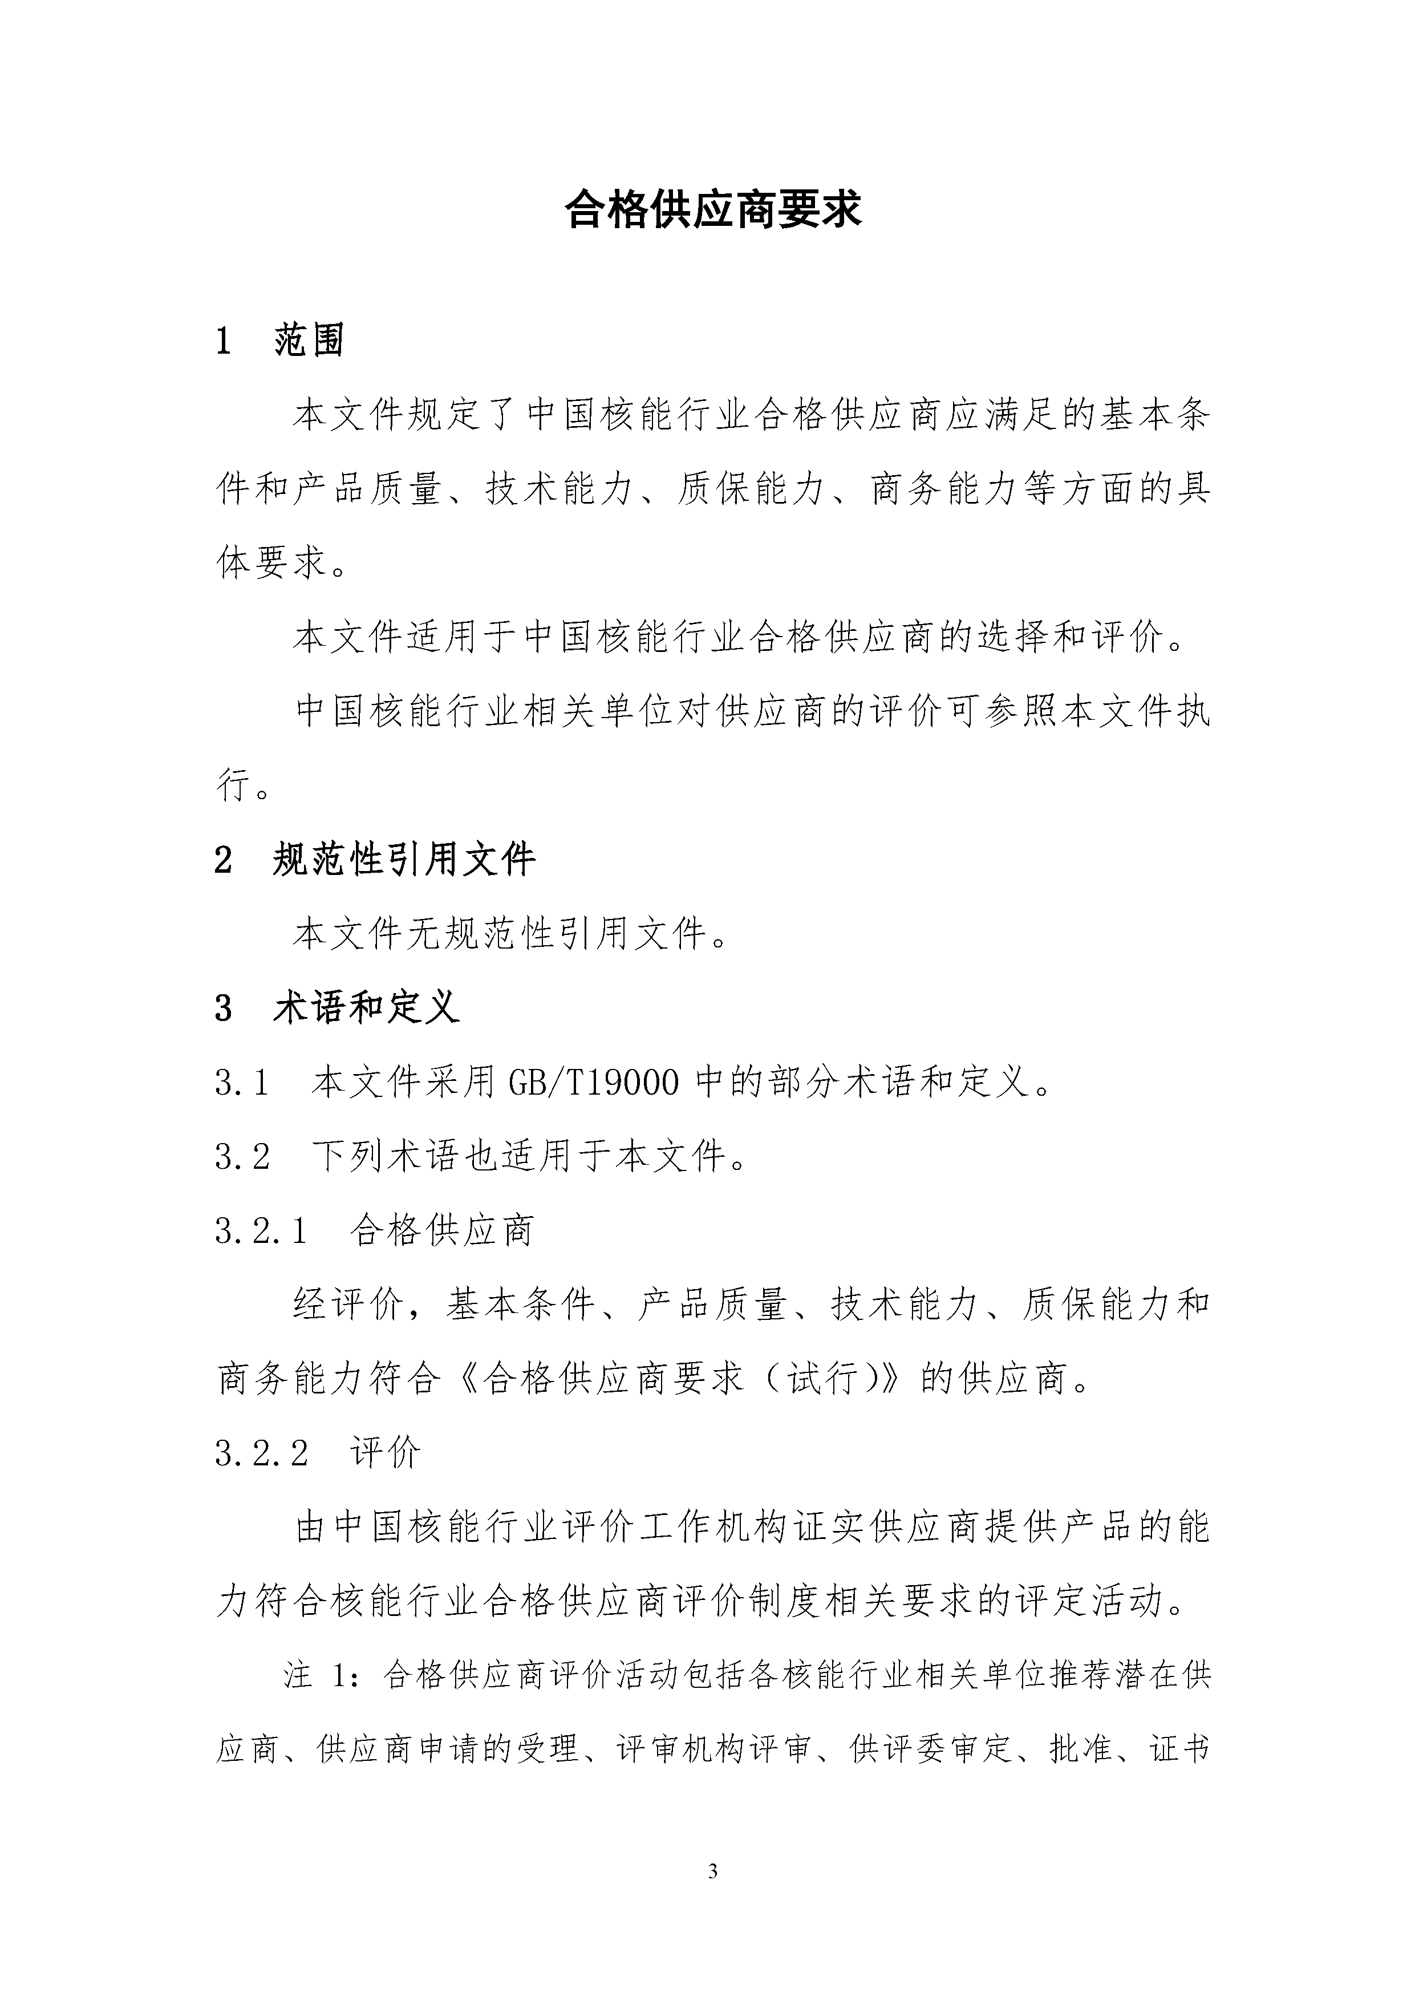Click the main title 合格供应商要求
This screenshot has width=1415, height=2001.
(713, 210)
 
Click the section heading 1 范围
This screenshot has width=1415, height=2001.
(281, 340)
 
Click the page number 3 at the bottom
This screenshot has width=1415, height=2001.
(713, 1871)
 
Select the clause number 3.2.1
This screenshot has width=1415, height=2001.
(261, 1230)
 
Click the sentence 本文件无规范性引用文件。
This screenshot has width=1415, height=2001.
(510, 934)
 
